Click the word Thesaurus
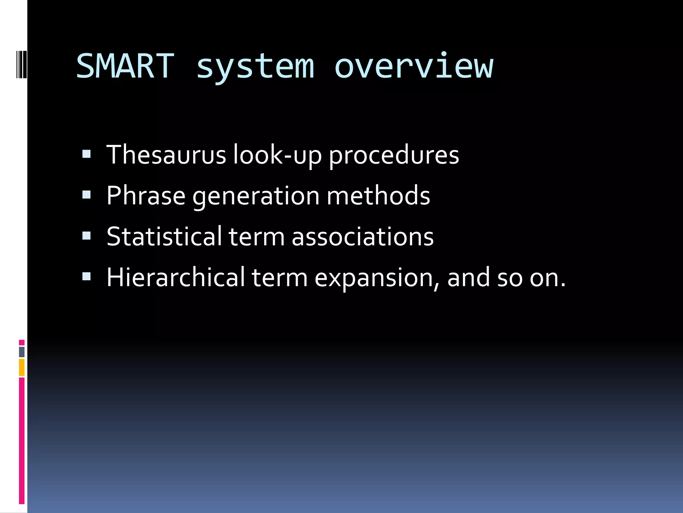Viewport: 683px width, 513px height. coord(166,155)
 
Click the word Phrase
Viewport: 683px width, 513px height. coord(146,196)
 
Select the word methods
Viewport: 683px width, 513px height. coord(378,196)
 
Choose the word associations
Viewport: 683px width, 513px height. coord(363,236)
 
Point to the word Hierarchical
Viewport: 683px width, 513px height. coord(175,277)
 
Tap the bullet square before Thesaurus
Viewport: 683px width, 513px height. coord(86,154)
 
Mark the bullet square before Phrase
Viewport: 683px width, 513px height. coord(86,195)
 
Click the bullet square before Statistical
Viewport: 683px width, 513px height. coord(86,236)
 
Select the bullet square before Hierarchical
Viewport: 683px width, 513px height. coord(86,277)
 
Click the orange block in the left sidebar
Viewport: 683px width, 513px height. coord(22,367)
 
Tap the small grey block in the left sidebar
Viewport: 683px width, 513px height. coord(22,352)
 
